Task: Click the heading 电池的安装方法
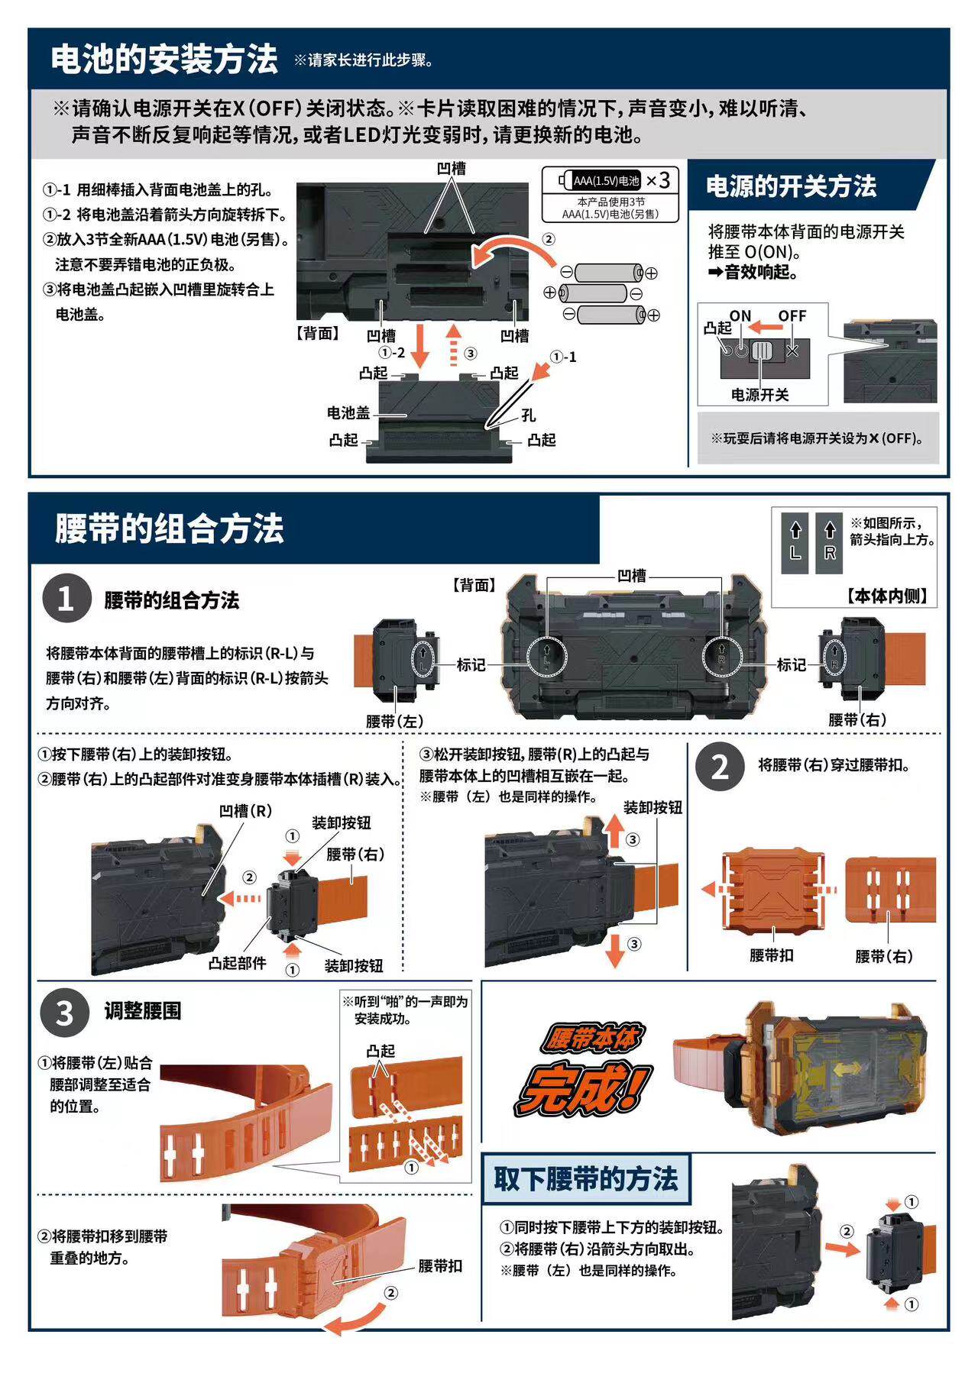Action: (164, 60)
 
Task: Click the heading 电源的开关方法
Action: (791, 186)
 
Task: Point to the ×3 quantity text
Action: (658, 180)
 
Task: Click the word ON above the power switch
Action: (740, 315)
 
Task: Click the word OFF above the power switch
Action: (792, 315)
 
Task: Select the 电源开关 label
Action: (759, 394)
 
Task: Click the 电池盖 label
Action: (348, 413)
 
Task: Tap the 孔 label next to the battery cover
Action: (529, 415)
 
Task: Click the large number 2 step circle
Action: (720, 767)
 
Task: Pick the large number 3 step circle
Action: (66, 1013)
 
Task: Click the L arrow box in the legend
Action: (795, 540)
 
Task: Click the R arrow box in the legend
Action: (830, 540)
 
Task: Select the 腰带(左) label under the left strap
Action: (394, 721)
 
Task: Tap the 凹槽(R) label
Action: (245, 811)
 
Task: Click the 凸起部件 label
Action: (237, 964)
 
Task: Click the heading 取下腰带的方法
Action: (585, 1179)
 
